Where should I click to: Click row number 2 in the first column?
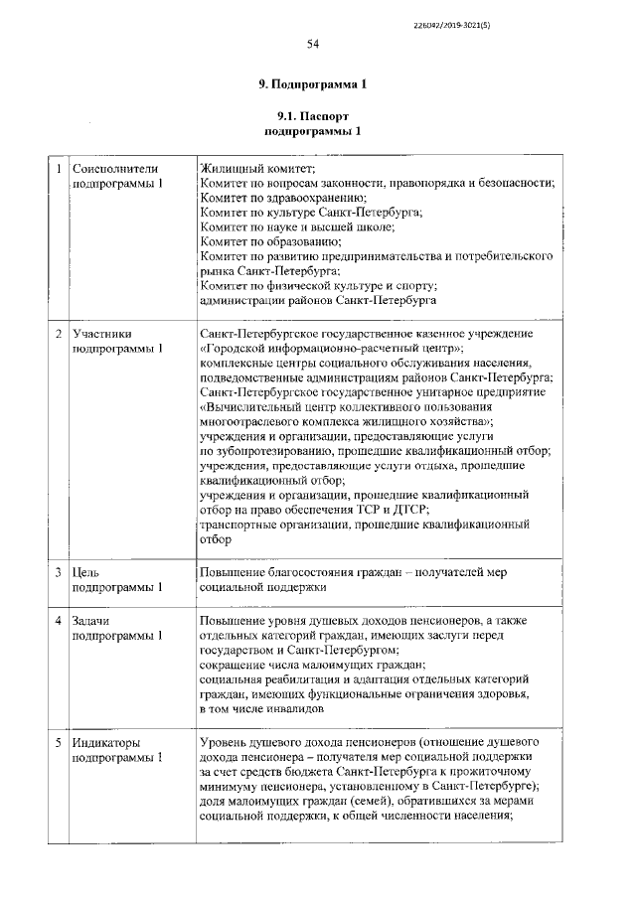coord(59,334)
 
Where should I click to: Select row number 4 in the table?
coord(59,621)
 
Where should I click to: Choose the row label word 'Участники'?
coord(103,334)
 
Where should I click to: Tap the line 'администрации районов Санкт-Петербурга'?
coord(317,299)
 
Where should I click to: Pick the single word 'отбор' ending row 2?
coord(216,540)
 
